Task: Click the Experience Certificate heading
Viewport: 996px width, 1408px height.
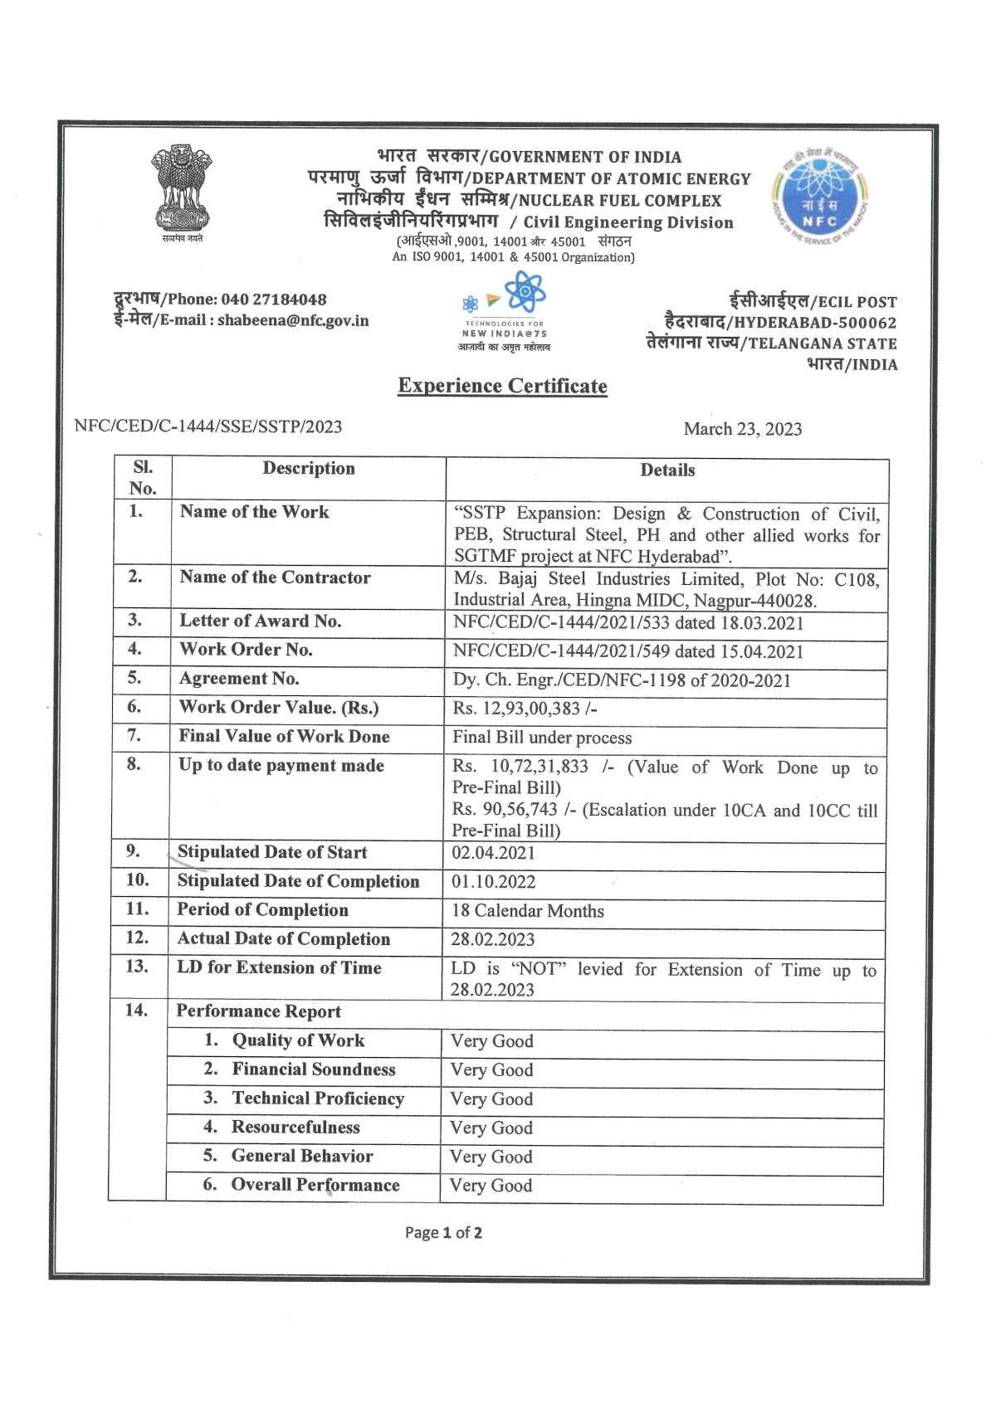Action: tap(502, 386)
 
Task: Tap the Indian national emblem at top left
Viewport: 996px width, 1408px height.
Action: tap(182, 190)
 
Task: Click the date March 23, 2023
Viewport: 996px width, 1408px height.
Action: tap(742, 429)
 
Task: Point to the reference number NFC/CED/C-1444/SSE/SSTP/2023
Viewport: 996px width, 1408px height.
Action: tap(207, 426)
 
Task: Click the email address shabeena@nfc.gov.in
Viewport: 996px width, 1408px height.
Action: tap(293, 320)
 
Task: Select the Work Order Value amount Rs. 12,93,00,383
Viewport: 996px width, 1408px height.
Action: tap(525, 709)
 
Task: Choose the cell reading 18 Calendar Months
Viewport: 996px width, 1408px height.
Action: tap(527, 911)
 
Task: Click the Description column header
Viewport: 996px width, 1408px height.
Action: tap(309, 469)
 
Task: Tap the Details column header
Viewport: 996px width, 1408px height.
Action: tap(667, 470)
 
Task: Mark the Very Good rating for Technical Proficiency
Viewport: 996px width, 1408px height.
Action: tap(491, 1099)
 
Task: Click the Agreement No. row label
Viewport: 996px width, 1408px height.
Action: tap(239, 679)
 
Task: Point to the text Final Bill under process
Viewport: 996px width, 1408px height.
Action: tap(542, 738)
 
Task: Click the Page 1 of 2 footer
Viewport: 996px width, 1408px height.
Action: tap(443, 1233)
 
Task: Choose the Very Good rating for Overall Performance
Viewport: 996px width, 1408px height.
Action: tap(491, 1186)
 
